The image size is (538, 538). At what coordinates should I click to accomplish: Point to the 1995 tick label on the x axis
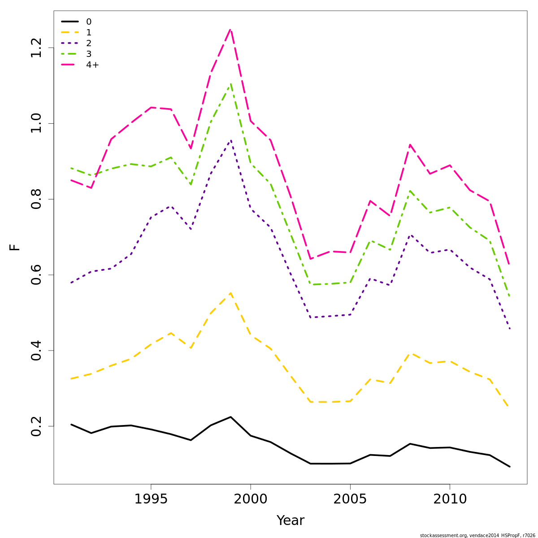pos(151,499)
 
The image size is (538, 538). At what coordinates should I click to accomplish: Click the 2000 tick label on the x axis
pos(251,499)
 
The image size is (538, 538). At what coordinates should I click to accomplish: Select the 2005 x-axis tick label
pos(350,499)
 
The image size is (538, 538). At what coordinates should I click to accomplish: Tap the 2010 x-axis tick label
pos(450,499)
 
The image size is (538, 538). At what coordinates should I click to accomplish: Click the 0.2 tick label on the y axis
pos(36,426)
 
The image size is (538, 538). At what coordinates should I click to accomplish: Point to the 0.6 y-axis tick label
pos(36,275)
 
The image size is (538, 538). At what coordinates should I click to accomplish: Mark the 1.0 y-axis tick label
pos(36,123)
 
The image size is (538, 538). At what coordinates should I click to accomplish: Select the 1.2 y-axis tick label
pos(36,48)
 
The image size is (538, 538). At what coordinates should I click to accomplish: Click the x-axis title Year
pos(291,521)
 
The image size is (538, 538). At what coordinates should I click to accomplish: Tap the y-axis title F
pos(15,247)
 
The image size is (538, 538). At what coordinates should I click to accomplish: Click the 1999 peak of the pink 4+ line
pos(230,30)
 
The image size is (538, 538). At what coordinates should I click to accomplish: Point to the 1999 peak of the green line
pos(230,84)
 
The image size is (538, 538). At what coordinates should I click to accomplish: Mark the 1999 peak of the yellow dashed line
pos(230,293)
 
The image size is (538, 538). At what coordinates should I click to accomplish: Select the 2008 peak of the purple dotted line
pos(410,234)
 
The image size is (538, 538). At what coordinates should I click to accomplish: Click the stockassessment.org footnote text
pos(477,535)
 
